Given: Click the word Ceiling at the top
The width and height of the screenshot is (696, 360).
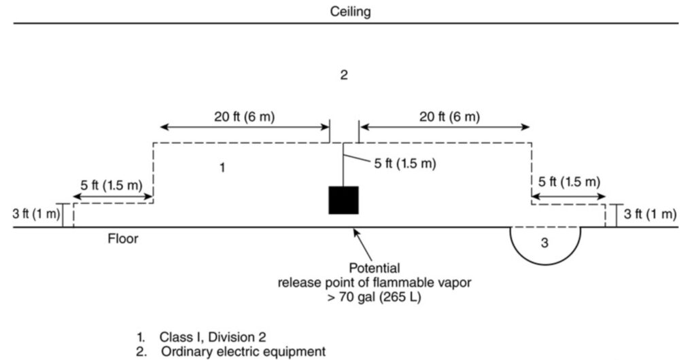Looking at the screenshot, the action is pos(350,12).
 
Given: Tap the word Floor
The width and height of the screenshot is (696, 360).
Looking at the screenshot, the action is pos(123,239).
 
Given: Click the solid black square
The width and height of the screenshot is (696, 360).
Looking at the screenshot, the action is pos(343,200).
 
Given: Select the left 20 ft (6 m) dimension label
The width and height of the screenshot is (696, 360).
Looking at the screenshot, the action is pos(245,117).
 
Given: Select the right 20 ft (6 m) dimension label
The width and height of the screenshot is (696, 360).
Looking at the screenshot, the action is pos(450,117).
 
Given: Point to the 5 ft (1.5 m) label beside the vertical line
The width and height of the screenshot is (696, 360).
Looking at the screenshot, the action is pos(405,164).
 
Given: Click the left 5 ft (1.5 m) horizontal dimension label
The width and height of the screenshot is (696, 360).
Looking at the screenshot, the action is pos(111,185).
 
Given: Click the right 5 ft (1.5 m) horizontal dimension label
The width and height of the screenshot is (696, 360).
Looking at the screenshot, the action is pos(569,182).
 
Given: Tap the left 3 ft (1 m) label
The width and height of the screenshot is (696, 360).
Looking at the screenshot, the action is pos(36,214).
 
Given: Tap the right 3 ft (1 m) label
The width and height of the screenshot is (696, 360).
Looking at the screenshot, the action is pos(650,214).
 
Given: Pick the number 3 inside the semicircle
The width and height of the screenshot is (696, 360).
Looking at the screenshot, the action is pos(545,243).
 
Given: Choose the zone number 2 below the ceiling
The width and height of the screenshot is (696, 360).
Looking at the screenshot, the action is pos(344,75).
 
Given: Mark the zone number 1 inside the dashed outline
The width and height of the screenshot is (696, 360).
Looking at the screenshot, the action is pos(223,168).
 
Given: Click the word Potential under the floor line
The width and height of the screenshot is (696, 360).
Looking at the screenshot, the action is pos(375,268).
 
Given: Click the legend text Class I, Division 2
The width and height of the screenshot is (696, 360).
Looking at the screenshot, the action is pos(213,337).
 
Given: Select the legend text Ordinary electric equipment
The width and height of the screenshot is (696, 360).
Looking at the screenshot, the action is pos(243,352).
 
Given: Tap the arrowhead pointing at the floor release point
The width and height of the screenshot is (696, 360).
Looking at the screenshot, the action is pos(355,232).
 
